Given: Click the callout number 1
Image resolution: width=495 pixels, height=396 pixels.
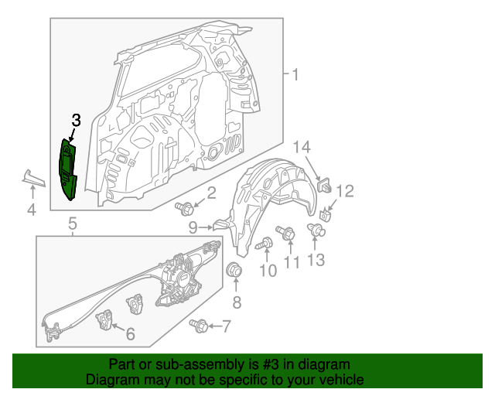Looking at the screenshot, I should tap(294, 75).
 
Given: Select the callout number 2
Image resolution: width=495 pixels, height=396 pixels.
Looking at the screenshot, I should tap(211, 194).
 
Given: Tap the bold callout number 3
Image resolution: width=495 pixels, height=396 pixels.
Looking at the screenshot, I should tap(75, 120).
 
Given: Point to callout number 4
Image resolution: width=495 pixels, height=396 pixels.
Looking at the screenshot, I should tap(31, 210).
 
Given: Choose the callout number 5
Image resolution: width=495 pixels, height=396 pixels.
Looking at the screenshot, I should tap(72, 224).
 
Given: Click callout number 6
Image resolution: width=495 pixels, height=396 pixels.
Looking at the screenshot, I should tap(130, 334).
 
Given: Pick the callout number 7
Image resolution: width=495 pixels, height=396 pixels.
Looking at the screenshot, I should tap(226, 326).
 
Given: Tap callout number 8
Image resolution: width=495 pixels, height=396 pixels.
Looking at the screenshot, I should tap(237, 302).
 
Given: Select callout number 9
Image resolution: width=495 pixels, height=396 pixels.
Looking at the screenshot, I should tap(193, 227).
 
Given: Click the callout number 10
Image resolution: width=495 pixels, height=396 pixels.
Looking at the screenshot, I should tap(267, 270).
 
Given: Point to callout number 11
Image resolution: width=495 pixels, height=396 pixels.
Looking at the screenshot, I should tap(291, 262).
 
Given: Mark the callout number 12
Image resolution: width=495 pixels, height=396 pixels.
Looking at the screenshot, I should tap(344, 190).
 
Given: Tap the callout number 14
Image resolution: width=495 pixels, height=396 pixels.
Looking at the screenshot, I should tap(302, 147).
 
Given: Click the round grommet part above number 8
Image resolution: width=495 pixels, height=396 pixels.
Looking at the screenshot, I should tap(233, 271).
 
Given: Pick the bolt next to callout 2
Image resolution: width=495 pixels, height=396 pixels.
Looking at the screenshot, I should tap(185, 207).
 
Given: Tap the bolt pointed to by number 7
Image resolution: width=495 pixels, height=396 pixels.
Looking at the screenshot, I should tap(198, 326).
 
